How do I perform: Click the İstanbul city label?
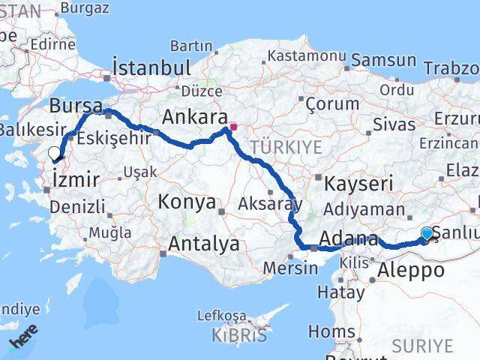151,68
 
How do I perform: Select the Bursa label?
73,105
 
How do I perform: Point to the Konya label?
187,202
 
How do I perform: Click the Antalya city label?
204,244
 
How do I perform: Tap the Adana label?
348,240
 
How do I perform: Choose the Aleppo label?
412,271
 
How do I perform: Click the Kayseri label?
358,183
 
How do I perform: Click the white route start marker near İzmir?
54,154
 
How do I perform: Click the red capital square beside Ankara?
233,127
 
